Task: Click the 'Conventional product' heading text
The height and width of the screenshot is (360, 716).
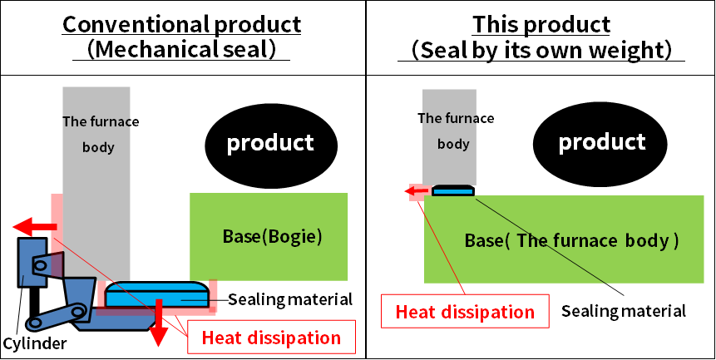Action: click(x=182, y=23)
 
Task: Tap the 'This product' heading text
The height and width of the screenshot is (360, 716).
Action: click(x=541, y=23)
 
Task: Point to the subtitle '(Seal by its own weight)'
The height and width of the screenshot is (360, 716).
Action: click(x=541, y=50)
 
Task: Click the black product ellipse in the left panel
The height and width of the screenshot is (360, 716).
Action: click(x=270, y=142)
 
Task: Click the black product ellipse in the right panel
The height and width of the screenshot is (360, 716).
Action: click(x=602, y=142)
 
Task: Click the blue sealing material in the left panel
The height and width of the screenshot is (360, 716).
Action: click(x=156, y=293)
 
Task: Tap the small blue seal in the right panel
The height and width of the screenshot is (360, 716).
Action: click(x=453, y=190)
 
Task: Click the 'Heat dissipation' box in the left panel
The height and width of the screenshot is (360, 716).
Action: click(x=272, y=338)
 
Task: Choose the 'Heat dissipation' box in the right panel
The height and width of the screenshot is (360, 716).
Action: click(x=465, y=312)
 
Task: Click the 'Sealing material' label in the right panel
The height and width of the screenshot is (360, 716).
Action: click(x=624, y=311)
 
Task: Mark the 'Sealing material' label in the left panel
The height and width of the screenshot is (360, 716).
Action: click(x=290, y=299)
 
